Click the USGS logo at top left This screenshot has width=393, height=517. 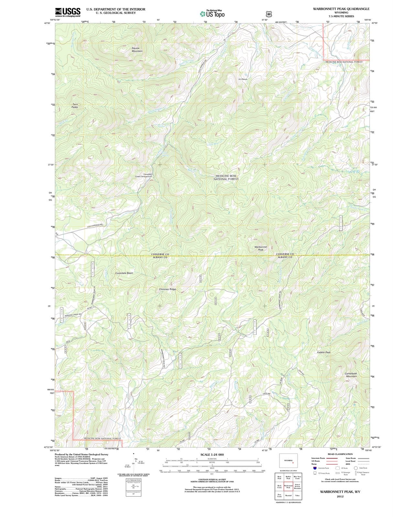coord(68,12)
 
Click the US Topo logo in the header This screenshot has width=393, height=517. coord(212,14)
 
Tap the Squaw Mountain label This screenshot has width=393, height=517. coord(137,49)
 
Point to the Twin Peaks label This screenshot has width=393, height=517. coord(75,106)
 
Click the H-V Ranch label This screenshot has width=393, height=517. coord(243,79)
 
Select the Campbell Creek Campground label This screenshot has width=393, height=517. coord(143,175)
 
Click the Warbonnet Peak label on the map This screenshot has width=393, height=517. coord(261,248)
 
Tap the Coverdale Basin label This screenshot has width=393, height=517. coord(124,273)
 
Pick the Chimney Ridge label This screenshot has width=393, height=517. coord(168,289)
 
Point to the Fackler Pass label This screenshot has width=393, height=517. coord(324,352)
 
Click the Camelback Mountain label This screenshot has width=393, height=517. coord(351,375)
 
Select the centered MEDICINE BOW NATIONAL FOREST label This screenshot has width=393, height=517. coord(226,177)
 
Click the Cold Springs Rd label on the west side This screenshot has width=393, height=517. coord(95,225)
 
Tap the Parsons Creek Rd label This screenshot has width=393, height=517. coord(72,315)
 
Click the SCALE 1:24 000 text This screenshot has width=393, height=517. coord(212,455)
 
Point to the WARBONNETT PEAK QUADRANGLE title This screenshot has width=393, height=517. coord(341,9)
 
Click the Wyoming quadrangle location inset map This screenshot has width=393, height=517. coord(288,460)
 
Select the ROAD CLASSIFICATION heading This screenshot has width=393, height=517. coord(340,454)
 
